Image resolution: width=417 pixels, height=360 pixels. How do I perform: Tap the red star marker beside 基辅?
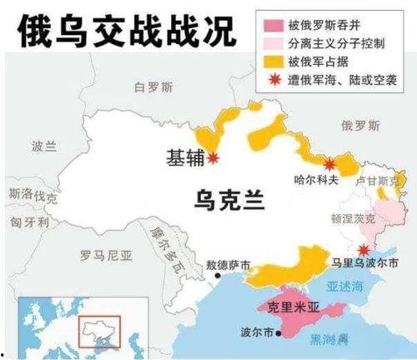(214, 157)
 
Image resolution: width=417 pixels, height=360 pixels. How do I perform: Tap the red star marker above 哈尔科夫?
(330, 163)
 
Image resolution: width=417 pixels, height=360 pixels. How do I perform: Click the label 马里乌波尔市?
(369, 263)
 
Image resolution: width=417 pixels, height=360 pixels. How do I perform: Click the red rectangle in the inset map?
(99, 330)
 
